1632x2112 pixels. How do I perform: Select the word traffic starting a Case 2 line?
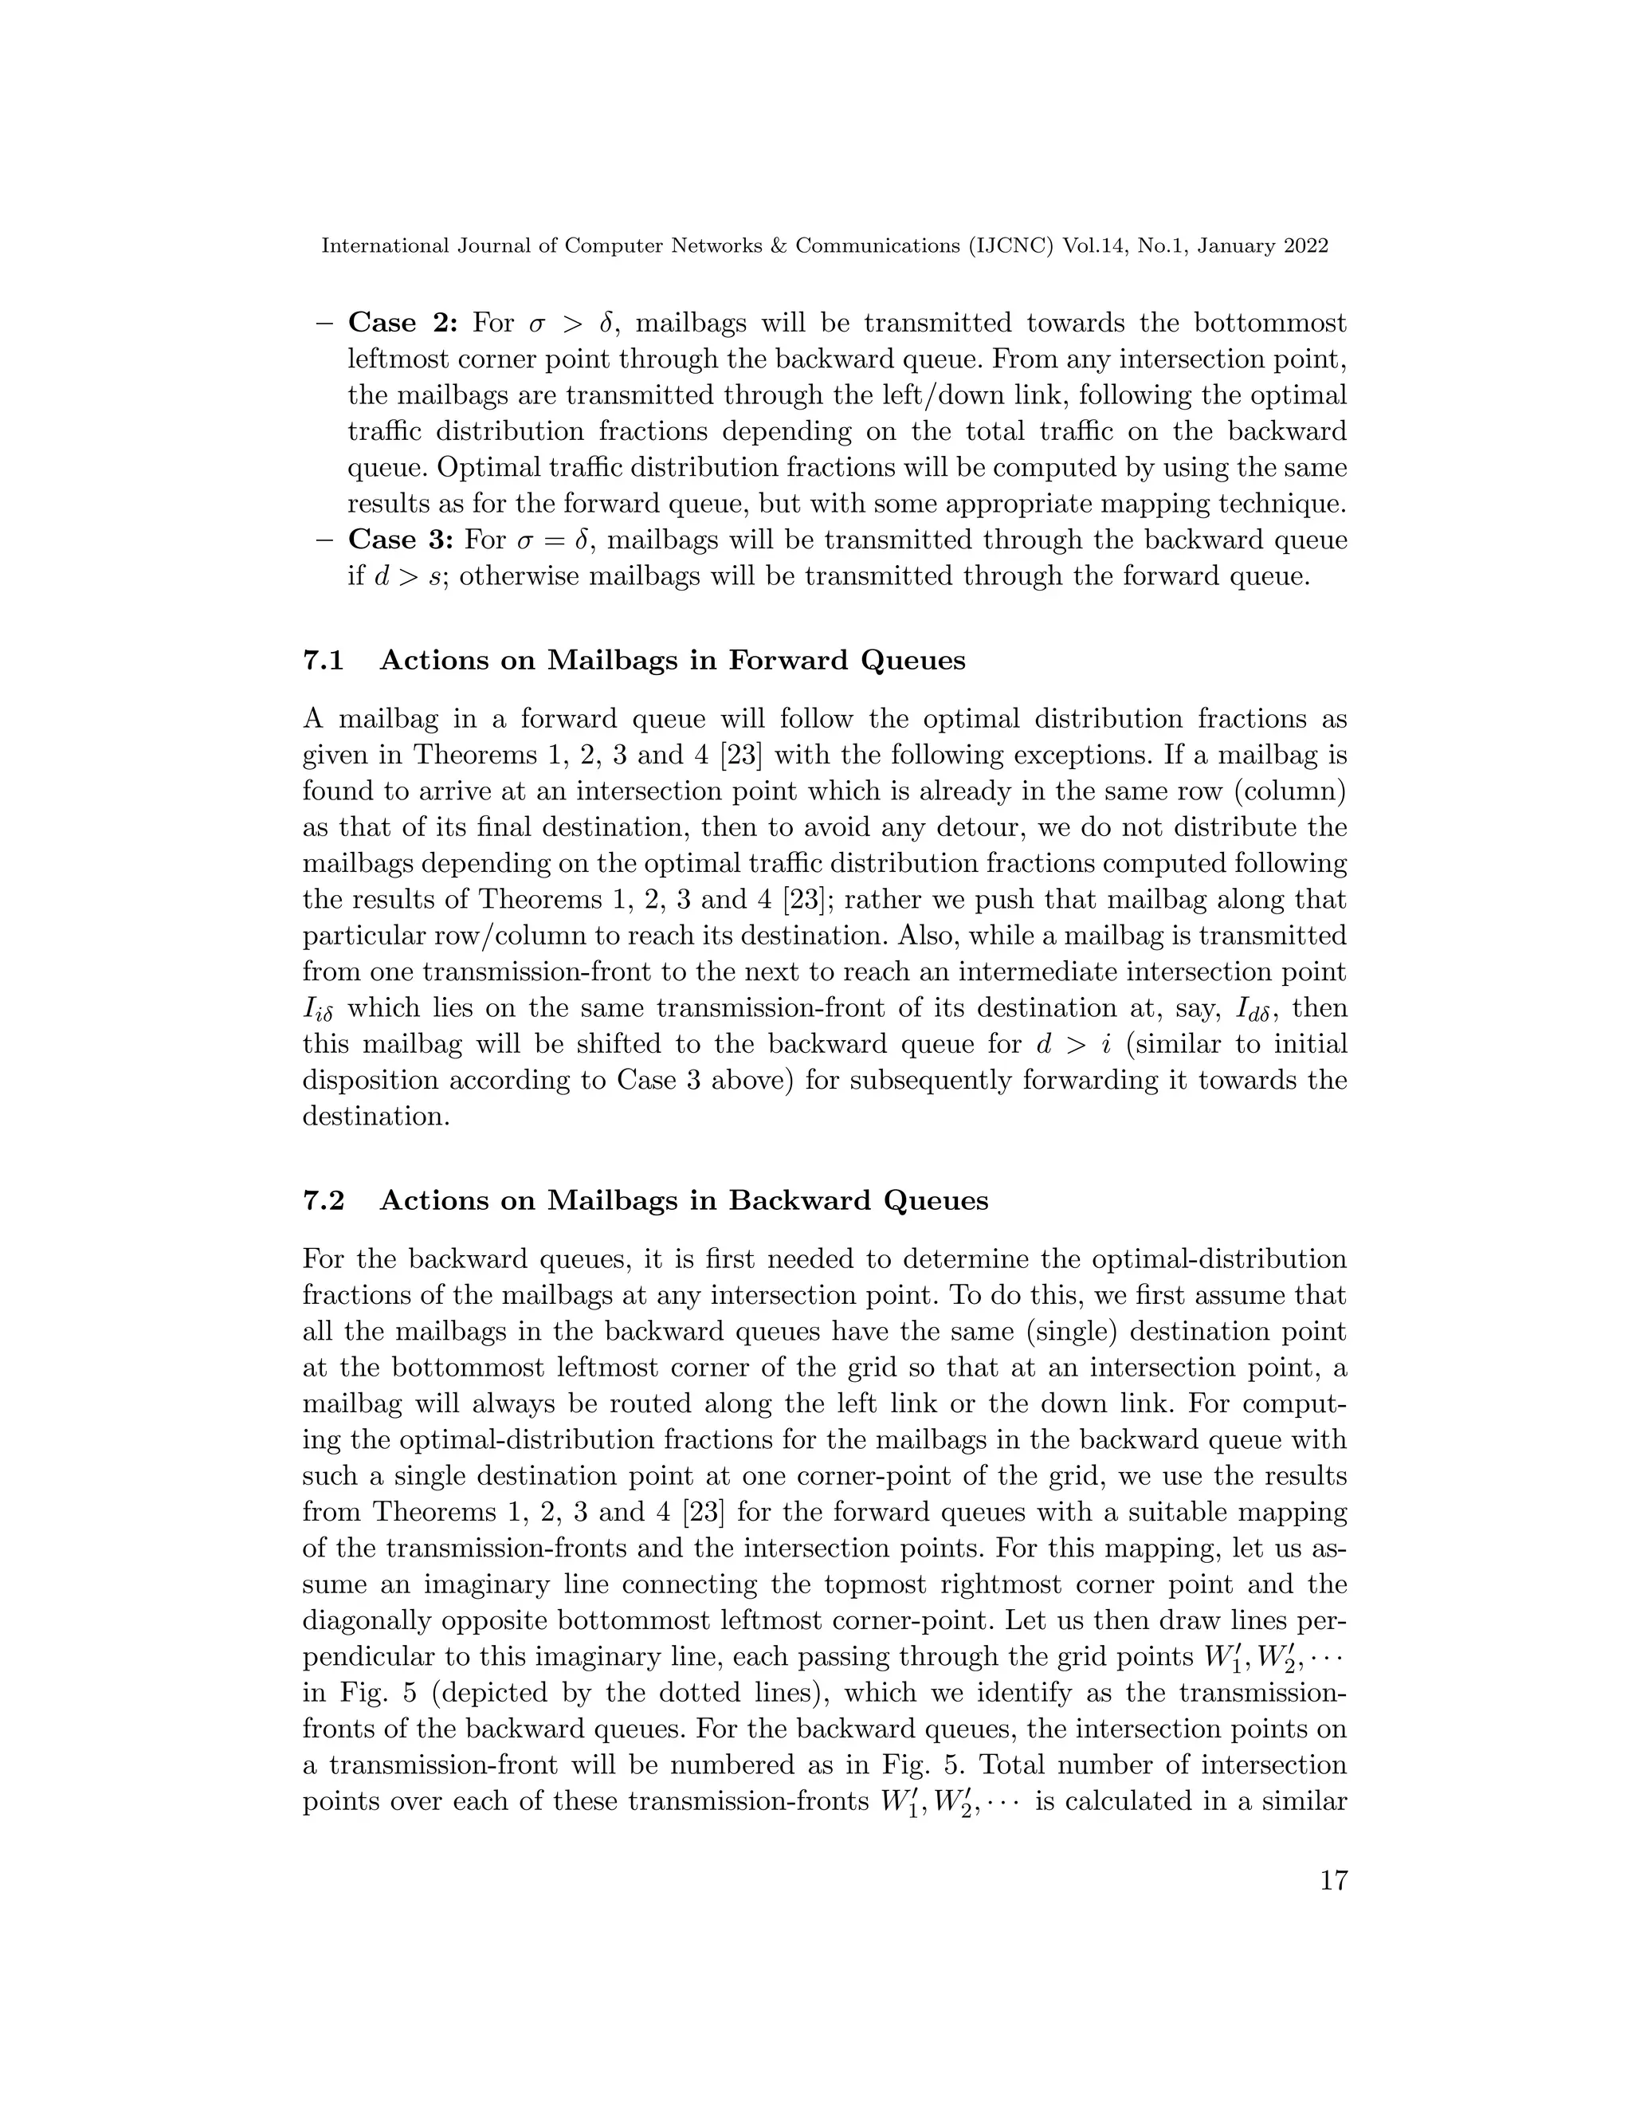(x=385, y=431)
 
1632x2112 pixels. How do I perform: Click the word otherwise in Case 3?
(x=520, y=576)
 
